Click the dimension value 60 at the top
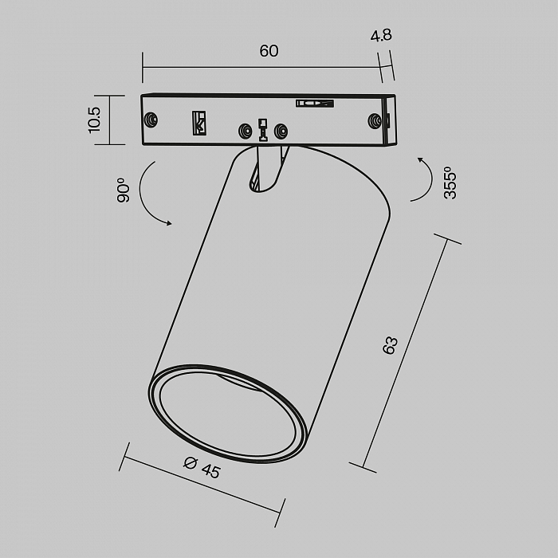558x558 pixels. [x=269, y=51]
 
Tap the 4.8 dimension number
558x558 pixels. [x=381, y=35]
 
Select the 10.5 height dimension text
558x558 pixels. [x=94, y=120]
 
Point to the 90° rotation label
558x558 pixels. [x=123, y=190]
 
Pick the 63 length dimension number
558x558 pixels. [x=390, y=345]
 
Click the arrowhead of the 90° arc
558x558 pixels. [x=168, y=224]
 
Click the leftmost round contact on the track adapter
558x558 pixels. [x=150, y=120]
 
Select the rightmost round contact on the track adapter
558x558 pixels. [x=373, y=120]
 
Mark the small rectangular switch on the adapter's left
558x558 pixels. [x=198, y=122]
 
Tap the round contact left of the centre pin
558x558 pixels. [x=244, y=131]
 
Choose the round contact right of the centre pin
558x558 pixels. [x=280, y=131]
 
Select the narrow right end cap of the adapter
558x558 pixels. [x=389, y=120]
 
